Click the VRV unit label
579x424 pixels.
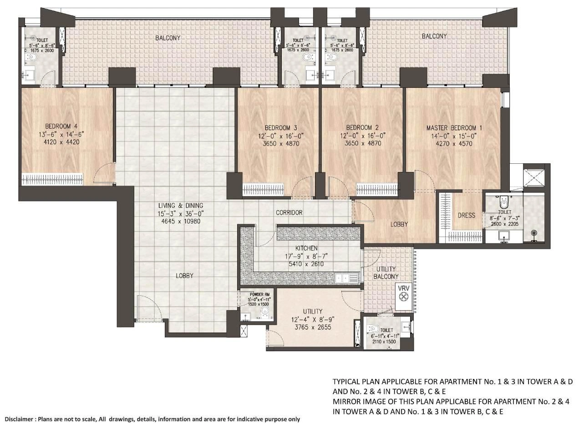click(x=403, y=288)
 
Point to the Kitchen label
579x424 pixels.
click(x=306, y=248)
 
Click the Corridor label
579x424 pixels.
click(x=289, y=212)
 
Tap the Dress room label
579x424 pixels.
click(x=467, y=215)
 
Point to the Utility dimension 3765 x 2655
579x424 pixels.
click(x=312, y=327)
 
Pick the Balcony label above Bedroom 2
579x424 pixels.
click(x=434, y=36)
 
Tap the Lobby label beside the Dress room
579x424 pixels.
click(x=399, y=224)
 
